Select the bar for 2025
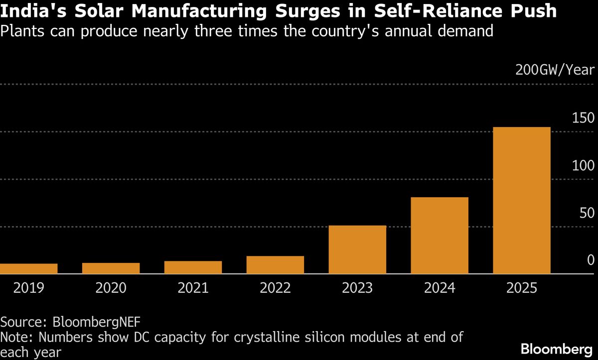(522, 200)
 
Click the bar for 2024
(440, 236)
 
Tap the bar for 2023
(357, 249)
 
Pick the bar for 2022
(275, 265)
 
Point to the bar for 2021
(193, 267)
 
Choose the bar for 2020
(111, 268)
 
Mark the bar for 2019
(28, 269)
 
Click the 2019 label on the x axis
(28, 288)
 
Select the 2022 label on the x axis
(275, 288)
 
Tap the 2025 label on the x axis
(522, 288)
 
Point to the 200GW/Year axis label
(555, 69)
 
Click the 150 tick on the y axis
(583, 118)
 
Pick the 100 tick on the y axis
(583, 165)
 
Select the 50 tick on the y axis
(586, 213)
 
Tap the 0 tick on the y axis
(591, 260)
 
